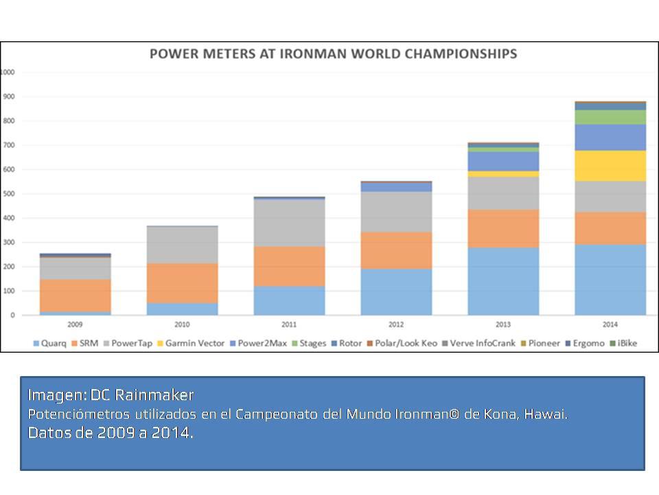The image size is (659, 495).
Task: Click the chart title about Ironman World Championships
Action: pyautogui.click(x=333, y=54)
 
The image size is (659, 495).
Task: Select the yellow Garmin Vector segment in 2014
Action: pyautogui.click(x=610, y=166)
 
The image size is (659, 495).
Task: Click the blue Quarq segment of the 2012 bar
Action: pyautogui.click(x=396, y=291)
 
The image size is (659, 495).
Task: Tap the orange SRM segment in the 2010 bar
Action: pyautogui.click(x=182, y=283)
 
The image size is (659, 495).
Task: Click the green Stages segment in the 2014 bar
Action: pyautogui.click(x=610, y=117)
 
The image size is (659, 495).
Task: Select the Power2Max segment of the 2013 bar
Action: pyautogui.click(x=503, y=161)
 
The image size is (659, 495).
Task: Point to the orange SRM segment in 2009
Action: pyautogui.click(x=75, y=295)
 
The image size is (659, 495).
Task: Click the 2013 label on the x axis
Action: pyautogui.click(x=503, y=324)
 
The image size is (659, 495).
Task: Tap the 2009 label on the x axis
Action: pyautogui.click(x=75, y=324)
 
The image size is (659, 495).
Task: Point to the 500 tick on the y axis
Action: pyautogui.click(x=9, y=194)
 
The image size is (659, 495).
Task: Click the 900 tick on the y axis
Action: pyautogui.click(x=9, y=97)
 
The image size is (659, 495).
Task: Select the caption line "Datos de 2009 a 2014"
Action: pyautogui.click(x=110, y=433)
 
